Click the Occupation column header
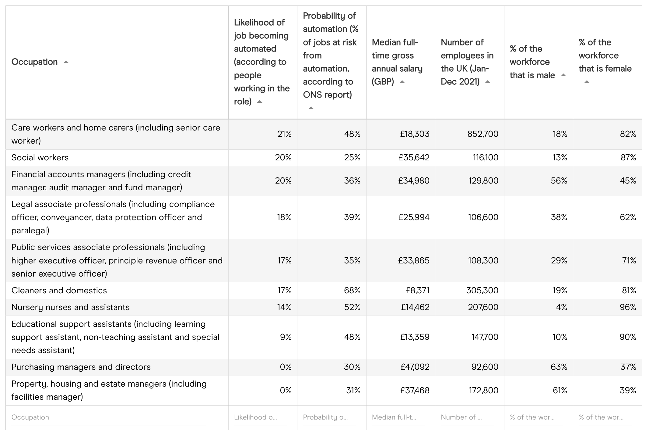pyautogui.click(x=34, y=62)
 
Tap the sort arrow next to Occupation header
pyautogui.click(x=66, y=62)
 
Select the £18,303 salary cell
pyautogui.click(x=415, y=134)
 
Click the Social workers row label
pyautogui.click(x=40, y=157)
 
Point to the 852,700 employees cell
pyautogui.click(x=483, y=134)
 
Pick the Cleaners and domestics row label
pyautogui.click(x=59, y=290)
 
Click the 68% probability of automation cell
pyautogui.click(x=352, y=290)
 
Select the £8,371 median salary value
pyautogui.click(x=417, y=290)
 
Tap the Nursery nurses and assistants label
pyautogui.click(x=70, y=307)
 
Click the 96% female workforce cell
pyautogui.click(x=628, y=307)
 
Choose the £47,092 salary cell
pyautogui.click(x=415, y=367)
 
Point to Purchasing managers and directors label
pyautogui.click(x=81, y=367)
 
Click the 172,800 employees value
pyautogui.click(x=483, y=390)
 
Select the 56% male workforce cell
pyautogui.click(x=559, y=180)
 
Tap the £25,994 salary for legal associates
pyautogui.click(x=414, y=217)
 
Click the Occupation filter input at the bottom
pyautogui.click(x=108, y=417)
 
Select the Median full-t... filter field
pyautogui.click(x=398, y=417)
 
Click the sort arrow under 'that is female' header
pyautogui.click(x=587, y=82)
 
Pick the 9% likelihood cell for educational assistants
pyautogui.click(x=286, y=337)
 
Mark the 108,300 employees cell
pyautogui.click(x=483, y=260)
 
